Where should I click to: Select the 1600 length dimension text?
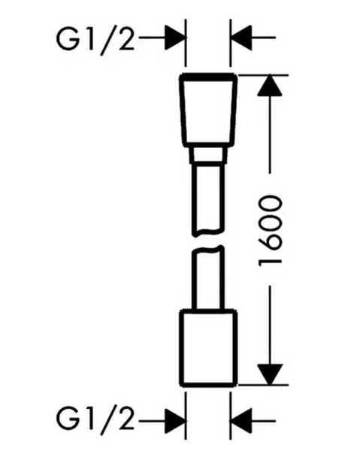[271, 231]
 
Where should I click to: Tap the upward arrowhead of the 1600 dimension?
[270, 86]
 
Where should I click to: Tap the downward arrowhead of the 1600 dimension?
[270, 374]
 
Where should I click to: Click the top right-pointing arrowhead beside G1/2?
[174, 38]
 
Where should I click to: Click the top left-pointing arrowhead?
[241, 38]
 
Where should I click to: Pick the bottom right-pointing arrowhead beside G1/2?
[174, 421]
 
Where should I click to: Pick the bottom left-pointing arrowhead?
[241, 421]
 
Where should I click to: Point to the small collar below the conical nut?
[208, 156]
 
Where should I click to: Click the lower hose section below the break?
[208, 278]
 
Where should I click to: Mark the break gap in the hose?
[208, 241]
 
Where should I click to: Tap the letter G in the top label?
[68, 40]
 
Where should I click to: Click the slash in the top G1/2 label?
[108, 41]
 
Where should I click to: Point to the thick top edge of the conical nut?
[208, 77]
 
